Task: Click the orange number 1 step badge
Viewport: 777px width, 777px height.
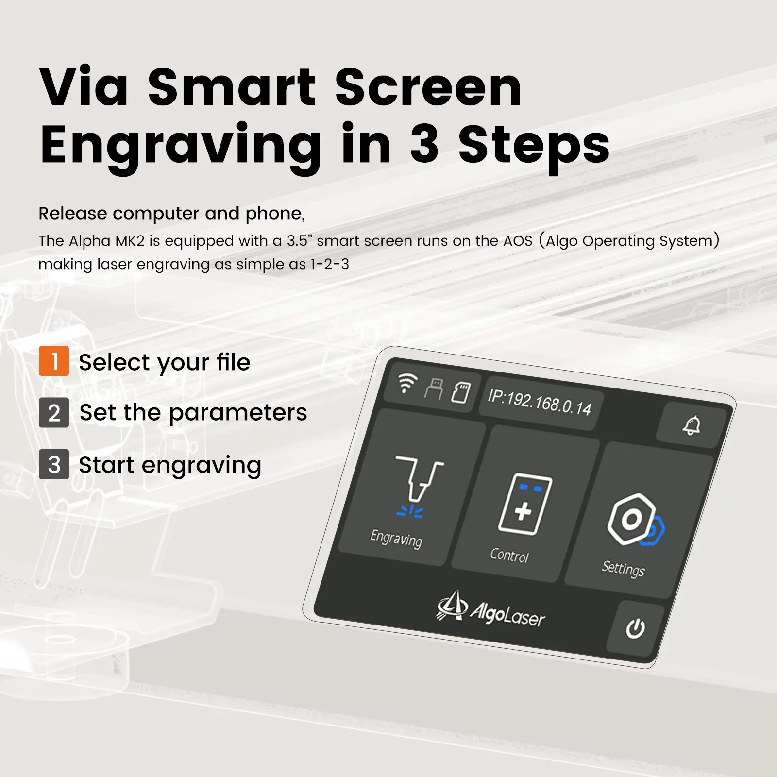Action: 54,361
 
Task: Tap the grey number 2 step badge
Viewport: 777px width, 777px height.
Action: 54,412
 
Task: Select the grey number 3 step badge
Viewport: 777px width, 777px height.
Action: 54,464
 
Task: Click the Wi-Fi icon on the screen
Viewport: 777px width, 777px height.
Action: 406,383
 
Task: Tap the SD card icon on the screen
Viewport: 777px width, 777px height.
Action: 460,392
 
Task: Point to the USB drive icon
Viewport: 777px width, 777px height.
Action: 434,388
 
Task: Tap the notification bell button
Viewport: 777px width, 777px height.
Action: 692,425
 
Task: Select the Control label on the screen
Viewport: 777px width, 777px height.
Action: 509,555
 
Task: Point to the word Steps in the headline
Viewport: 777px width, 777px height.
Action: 534,145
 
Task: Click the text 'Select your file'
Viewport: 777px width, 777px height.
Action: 165,362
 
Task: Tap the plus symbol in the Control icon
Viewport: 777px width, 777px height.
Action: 523,511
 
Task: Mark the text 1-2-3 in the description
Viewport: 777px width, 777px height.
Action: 330,264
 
